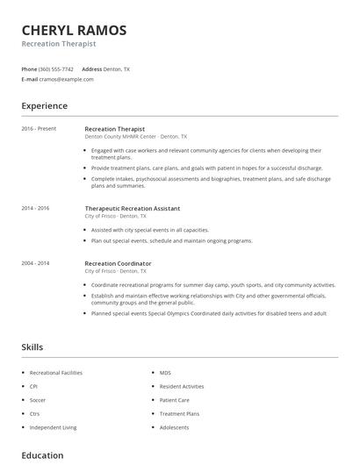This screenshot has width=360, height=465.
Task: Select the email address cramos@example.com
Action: pyautogui.click(x=67, y=79)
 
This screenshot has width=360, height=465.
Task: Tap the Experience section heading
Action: pyautogui.click(x=44, y=106)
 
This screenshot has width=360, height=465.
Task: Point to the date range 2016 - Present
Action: pyautogui.click(x=39, y=129)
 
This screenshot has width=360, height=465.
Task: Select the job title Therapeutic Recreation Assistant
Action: pyautogui.click(x=132, y=209)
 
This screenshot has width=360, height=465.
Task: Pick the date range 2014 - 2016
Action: pyautogui.click(x=36, y=209)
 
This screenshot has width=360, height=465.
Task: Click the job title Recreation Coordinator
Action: pyautogui.click(x=118, y=263)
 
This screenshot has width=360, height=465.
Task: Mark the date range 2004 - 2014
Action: pyautogui.click(x=36, y=263)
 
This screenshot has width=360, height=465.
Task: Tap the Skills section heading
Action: pyautogui.click(x=32, y=347)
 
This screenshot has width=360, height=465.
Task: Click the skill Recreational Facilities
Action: pyautogui.click(x=55, y=373)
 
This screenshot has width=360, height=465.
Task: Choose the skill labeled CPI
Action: pyautogui.click(x=33, y=386)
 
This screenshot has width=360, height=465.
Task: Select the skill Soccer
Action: pyautogui.click(x=37, y=400)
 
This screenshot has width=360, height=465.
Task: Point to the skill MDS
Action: pyautogui.click(x=165, y=373)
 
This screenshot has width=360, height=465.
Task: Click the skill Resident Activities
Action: pyautogui.click(x=182, y=386)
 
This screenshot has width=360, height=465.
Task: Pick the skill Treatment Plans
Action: pyautogui.click(x=179, y=413)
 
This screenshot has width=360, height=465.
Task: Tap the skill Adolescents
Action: pyautogui.click(x=174, y=427)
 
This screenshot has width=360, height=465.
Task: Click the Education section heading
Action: pyautogui.click(x=42, y=455)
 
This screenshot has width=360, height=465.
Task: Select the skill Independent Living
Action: pyautogui.click(x=53, y=427)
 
